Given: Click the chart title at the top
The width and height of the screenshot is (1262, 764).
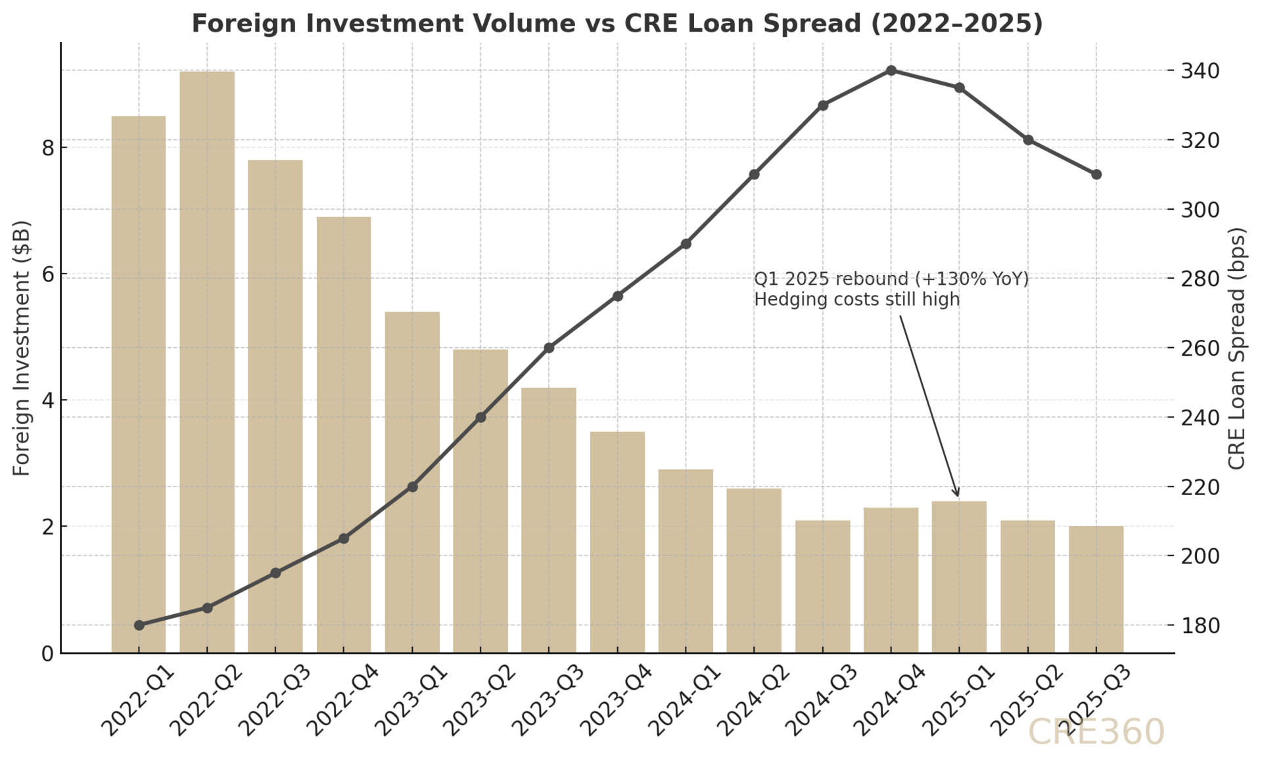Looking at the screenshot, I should pyautogui.click(x=617, y=24).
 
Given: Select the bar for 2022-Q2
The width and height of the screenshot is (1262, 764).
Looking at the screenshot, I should pyautogui.click(x=207, y=362).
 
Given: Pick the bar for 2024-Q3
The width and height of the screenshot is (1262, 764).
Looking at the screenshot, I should pyautogui.click(x=822, y=586).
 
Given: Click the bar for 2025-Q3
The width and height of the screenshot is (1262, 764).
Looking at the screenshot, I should pyautogui.click(x=1096, y=589).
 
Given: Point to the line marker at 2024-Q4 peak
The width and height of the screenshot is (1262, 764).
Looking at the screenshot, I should pyautogui.click(x=891, y=70).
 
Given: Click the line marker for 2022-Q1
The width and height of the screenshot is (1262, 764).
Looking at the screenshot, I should pyautogui.click(x=139, y=625).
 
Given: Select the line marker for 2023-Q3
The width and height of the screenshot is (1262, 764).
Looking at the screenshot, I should pyautogui.click(x=549, y=348).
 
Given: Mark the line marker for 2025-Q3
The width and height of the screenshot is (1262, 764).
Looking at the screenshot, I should pyautogui.click(x=1096, y=174).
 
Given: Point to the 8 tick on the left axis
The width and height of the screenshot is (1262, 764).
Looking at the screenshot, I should pyautogui.click(x=47, y=148).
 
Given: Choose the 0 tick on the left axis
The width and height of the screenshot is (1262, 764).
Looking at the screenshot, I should pyautogui.click(x=47, y=654).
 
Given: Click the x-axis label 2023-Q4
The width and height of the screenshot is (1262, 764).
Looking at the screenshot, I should pyautogui.click(x=615, y=701).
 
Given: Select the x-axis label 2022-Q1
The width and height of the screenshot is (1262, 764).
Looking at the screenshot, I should pyautogui.click(x=137, y=701).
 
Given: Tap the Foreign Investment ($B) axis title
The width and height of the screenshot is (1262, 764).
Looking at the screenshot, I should pyautogui.click(x=22, y=348).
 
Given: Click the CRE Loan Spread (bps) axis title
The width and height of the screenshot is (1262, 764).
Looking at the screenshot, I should pyautogui.click(x=1237, y=348).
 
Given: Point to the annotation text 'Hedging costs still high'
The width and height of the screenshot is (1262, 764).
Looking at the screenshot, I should pyautogui.click(x=856, y=300).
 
